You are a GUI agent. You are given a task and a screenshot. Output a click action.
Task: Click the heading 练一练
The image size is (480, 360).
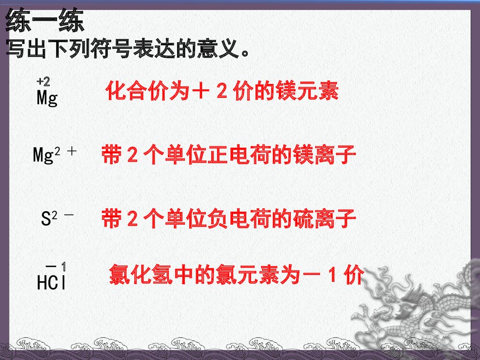tap(45, 22)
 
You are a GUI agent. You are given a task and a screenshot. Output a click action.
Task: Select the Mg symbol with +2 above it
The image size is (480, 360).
tap(47, 98)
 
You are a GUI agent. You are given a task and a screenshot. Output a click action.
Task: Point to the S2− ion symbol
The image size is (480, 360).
tap(57, 219)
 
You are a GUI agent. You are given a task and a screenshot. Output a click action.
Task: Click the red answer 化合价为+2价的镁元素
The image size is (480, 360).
tap(222, 91)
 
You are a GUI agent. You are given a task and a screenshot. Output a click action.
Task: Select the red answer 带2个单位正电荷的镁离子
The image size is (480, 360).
tap(228, 156)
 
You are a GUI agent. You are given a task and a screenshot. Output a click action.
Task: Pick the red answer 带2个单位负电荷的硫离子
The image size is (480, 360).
tap(228, 220)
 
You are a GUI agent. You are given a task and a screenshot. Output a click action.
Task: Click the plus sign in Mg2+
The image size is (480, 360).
tap(72, 151)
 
